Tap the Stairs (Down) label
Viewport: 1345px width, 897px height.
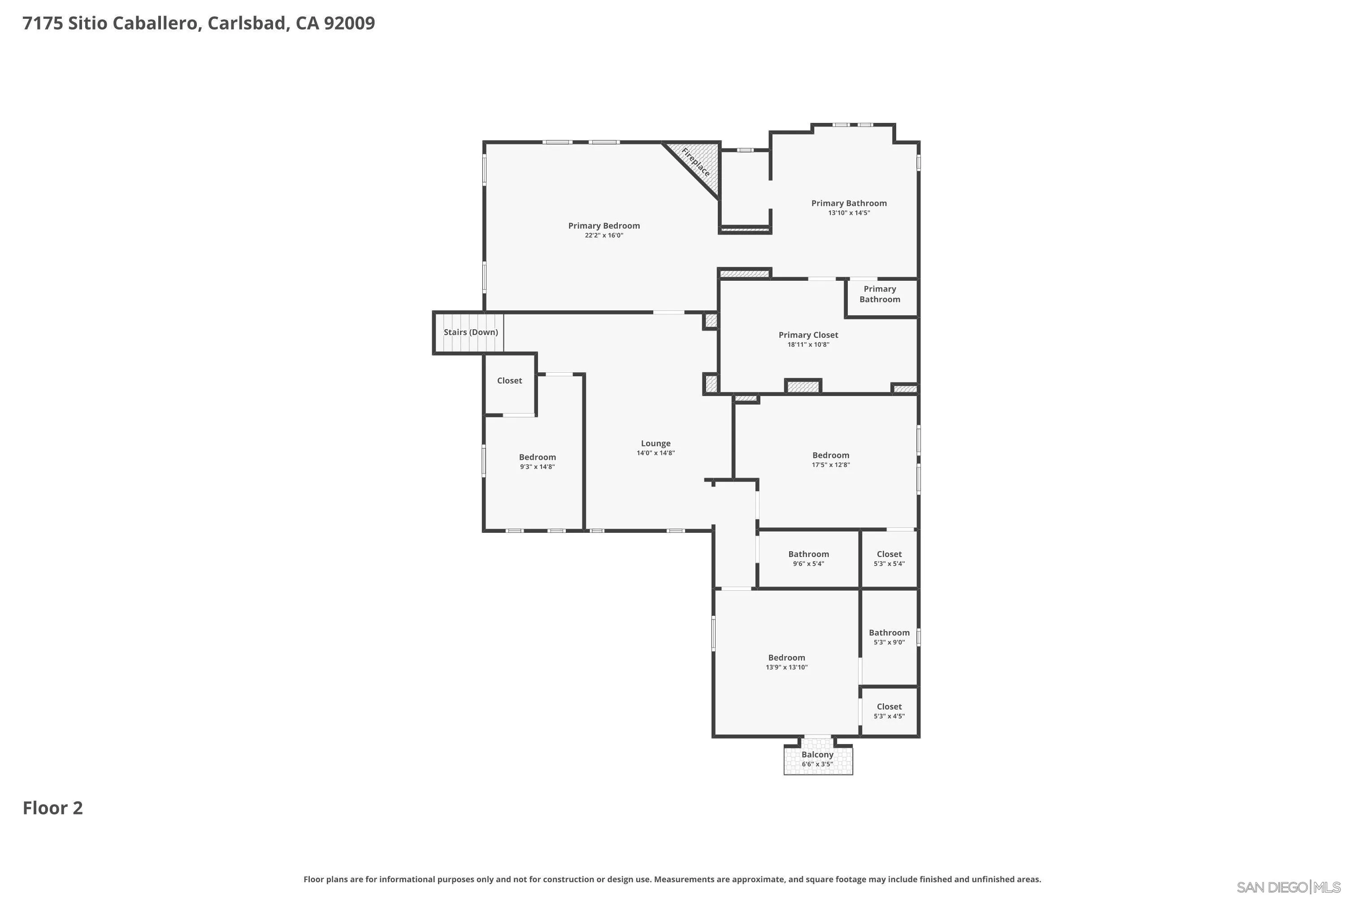471,332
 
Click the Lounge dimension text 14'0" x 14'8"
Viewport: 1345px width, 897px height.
655,453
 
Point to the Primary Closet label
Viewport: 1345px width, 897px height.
808,335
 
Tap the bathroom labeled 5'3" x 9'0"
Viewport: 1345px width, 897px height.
889,637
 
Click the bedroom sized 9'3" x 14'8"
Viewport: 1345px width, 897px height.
537,462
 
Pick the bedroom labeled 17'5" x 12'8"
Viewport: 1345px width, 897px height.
830,460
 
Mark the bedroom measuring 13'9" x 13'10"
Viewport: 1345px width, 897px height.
786,662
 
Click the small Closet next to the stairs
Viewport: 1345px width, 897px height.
509,381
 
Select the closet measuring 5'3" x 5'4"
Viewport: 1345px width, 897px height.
889,559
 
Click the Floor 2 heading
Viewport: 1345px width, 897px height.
52,808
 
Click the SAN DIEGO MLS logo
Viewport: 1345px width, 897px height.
1288,887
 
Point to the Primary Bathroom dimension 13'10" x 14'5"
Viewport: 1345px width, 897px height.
849,213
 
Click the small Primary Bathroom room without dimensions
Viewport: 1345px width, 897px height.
880,295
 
